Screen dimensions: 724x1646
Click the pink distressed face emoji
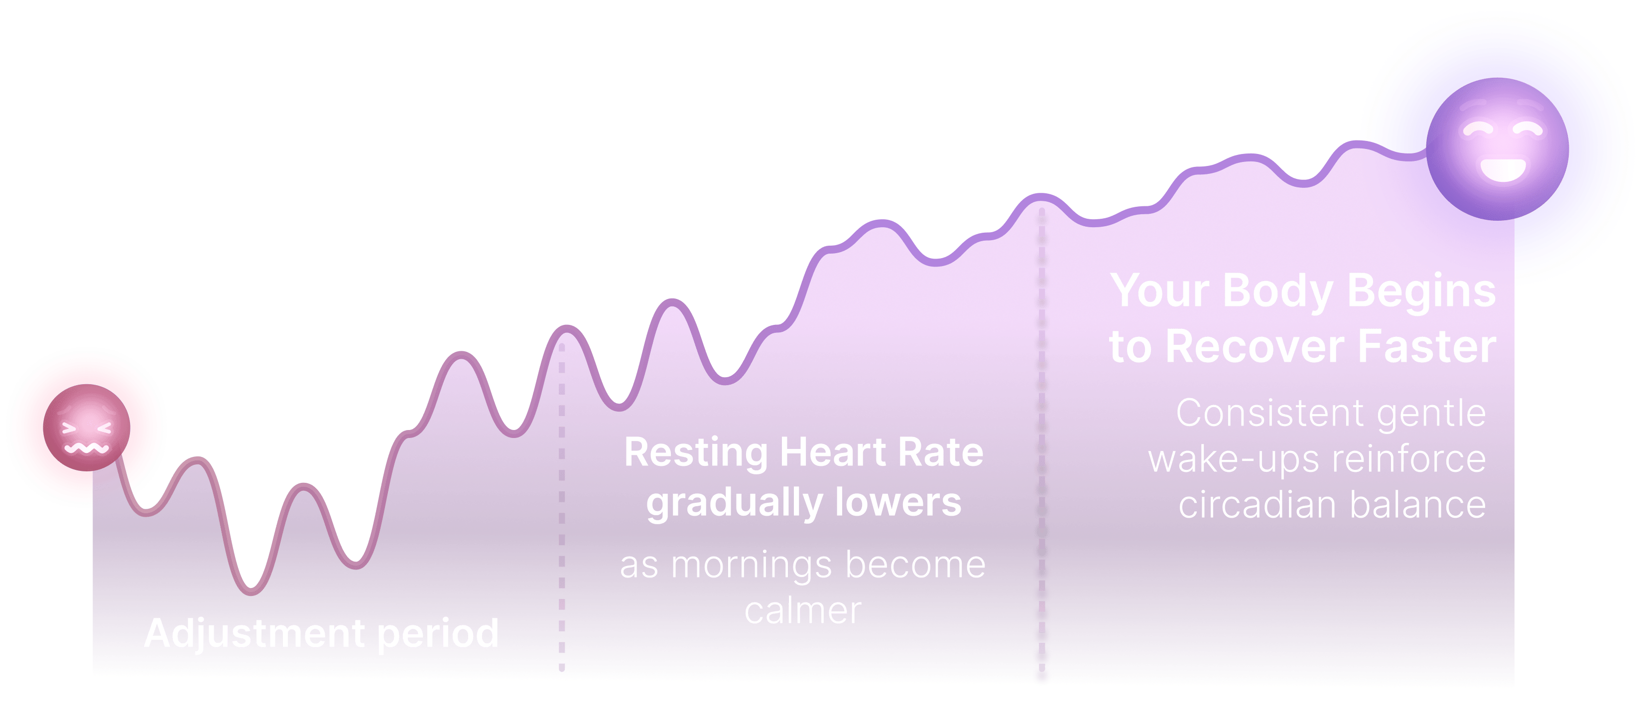click(x=87, y=428)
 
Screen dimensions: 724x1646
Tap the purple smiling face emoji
click(x=1497, y=149)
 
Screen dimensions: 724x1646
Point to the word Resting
click(x=696, y=452)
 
